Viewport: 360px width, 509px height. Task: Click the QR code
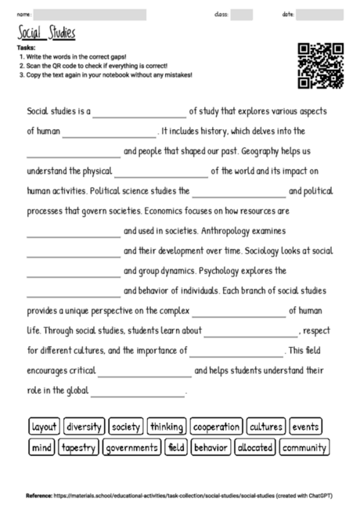(321, 65)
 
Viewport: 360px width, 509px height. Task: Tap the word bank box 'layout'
(44, 427)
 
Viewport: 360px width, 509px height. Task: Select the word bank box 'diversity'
(84, 427)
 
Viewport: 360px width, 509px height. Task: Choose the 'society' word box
(126, 427)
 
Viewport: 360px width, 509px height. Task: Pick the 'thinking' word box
(167, 427)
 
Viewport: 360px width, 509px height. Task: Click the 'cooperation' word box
(216, 427)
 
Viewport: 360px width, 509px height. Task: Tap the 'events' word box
(306, 427)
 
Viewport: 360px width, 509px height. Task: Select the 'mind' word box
(41, 448)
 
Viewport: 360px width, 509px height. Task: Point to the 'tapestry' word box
(77, 448)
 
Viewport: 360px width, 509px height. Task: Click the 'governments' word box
(131, 448)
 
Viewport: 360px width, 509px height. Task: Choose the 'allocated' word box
(254, 448)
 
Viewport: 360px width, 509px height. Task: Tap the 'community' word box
(304, 448)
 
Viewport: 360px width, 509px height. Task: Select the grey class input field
(242, 14)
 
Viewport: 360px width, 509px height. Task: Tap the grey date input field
(319, 14)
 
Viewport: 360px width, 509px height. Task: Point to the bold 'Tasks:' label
(26, 48)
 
